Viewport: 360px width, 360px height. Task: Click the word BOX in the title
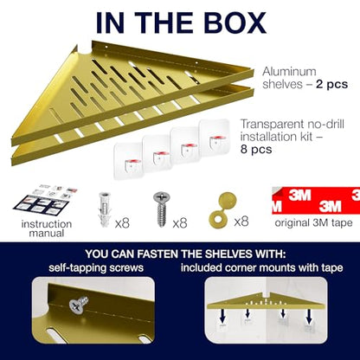(x=234, y=22)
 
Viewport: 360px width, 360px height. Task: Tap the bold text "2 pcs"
(x=331, y=84)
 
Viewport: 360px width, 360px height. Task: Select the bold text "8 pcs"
(x=256, y=150)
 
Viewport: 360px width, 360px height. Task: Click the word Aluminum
(x=289, y=71)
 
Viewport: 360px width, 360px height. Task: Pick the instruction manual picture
(x=46, y=201)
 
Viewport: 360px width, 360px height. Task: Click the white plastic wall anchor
(x=105, y=209)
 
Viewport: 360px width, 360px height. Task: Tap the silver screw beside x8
(x=161, y=209)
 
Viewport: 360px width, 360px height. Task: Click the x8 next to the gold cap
(x=241, y=222)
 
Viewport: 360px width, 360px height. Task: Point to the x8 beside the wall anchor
(x=122, y=223)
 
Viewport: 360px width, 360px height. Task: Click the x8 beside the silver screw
(x=180, y=223)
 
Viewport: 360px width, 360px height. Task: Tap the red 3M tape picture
(x=316, y=200)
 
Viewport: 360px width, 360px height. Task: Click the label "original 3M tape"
(x=313, y=222)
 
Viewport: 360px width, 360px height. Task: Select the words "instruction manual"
(x=47, y=228)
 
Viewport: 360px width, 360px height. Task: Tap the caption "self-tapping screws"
(x=96, y=267)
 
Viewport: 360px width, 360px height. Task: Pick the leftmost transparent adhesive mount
(x=128, y=160)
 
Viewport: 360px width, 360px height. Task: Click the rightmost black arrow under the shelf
(x=309, y=317)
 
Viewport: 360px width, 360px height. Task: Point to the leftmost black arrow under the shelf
(x=222, y=317)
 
